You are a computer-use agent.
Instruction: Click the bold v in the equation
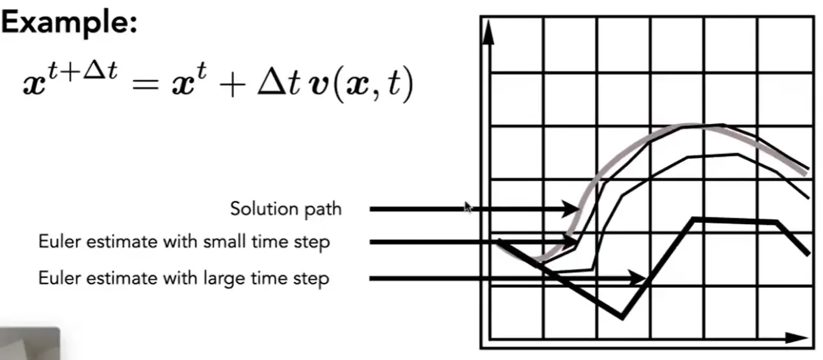click(319, 87)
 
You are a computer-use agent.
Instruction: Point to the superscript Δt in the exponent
click(100, 70)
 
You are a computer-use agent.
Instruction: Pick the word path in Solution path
click(320, 210)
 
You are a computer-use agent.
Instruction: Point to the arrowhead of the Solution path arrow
click(571, 209)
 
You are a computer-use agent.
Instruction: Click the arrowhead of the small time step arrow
click(568, 241)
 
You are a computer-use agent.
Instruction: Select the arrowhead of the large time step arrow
click(636, 278)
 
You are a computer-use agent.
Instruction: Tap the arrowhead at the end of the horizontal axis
click(796, 337)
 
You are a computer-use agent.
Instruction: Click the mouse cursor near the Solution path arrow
click(467, 207)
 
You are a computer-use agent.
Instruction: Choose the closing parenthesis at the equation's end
click(408, 86)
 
